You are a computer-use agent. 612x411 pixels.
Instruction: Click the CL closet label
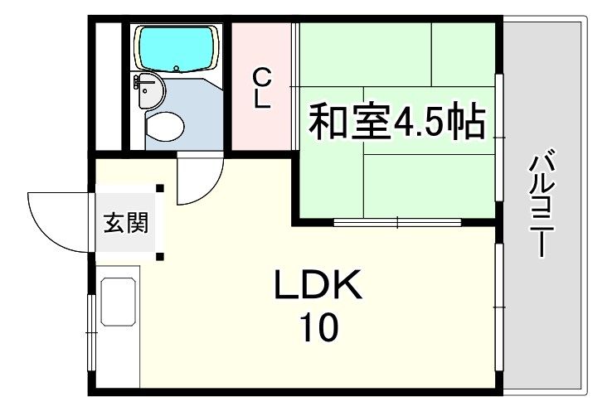[262, 89]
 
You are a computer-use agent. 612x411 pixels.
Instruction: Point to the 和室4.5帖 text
[396, 122]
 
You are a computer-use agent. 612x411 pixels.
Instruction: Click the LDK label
[318, 288]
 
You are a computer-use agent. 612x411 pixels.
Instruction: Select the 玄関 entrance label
[126, 222]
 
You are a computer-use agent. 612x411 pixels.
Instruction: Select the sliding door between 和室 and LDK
[398, 222]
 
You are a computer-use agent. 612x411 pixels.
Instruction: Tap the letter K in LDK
[347, 288]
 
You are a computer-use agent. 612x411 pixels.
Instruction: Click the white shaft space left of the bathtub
[106, 86]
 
